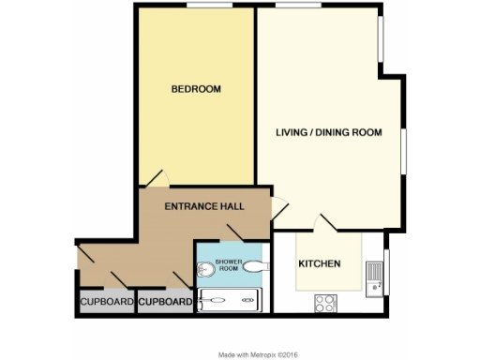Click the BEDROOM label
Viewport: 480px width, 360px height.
tap(195, 89)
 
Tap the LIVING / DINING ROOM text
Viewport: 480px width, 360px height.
tap(328, 132)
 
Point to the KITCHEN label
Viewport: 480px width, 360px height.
tap(319, 263)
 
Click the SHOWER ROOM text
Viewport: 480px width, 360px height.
tap(228, 263)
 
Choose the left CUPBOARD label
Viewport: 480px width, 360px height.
tap(106, 302)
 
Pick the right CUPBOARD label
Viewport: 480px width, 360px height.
tap(165, 302)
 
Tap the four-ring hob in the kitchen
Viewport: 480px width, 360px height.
tap(326, 302)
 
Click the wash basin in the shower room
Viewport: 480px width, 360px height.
tap(253, 267)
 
